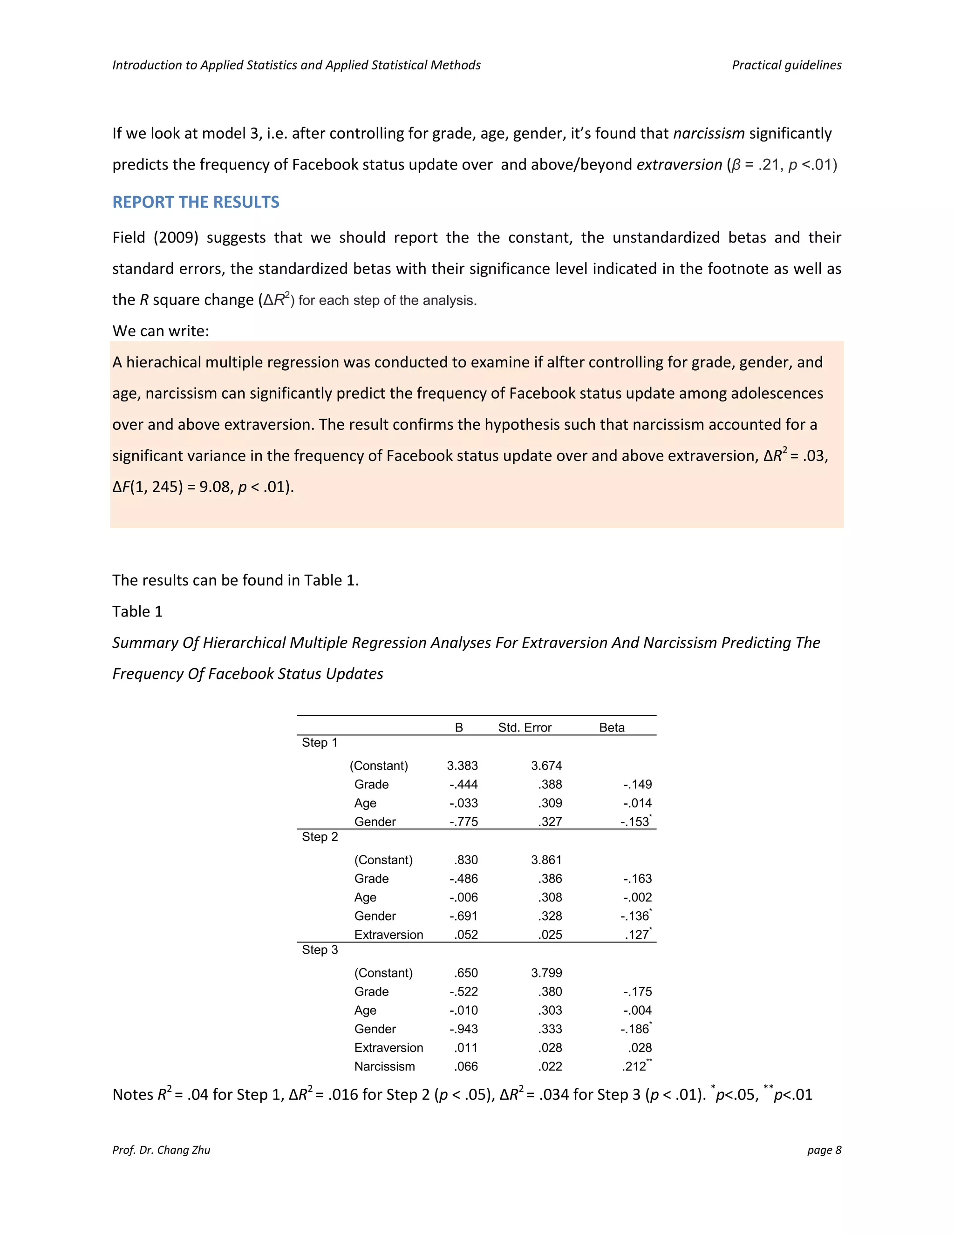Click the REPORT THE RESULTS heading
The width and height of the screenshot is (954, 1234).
pyautogui.click(x=196, y=202)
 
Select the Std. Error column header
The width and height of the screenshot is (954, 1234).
pyautogui.click(x=524, y=728)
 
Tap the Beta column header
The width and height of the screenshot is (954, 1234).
pyautogui.click(x=612, y=728)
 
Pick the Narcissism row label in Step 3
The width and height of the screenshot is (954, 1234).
pyautogui.click(x=384, y=1066)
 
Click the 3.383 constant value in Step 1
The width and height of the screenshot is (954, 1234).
pyautogui.click(x=462, y=766)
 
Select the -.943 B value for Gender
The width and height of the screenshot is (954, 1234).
pyautogui.click(x=463, y=1029)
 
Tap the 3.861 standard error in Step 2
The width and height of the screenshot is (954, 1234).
pyautogui.click(x=546, y=860)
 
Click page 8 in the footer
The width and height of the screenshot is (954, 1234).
pyautogui.click(x=824, y=1150)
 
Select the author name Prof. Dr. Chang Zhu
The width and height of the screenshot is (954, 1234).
pyautogui.click(x=161, y=1150)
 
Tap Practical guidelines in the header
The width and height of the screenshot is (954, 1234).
pyautogui.click(x=786, y=65)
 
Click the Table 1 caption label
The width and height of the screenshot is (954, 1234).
pyautogui.click(x=137, y=611)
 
